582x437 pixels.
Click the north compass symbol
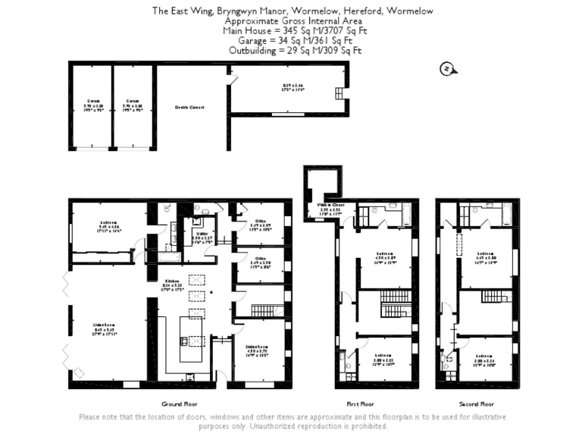coord(446,70)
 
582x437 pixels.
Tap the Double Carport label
coord(189,107)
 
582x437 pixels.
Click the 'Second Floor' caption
coord(478,404)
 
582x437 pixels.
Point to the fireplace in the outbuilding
coord(339,93)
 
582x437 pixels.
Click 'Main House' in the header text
coord(242,31)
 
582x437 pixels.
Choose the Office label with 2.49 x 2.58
coord(260,261)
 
